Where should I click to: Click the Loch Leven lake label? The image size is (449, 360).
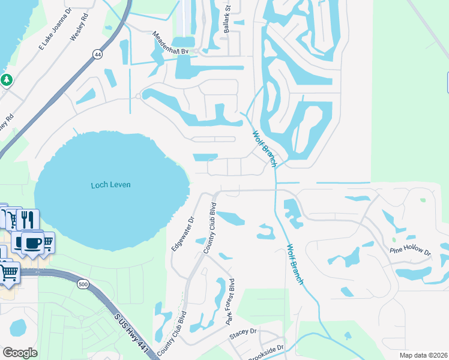(110, 185)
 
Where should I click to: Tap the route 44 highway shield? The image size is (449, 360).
(97, 54)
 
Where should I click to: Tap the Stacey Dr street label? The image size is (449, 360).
(243, 332)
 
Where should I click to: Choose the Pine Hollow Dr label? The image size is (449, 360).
(411, 250)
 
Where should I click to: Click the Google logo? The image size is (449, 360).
(20, 352)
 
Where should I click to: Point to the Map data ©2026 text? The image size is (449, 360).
(424, 355)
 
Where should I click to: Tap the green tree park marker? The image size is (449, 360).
(7, 79)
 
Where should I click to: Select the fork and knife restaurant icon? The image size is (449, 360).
(28, 218)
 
